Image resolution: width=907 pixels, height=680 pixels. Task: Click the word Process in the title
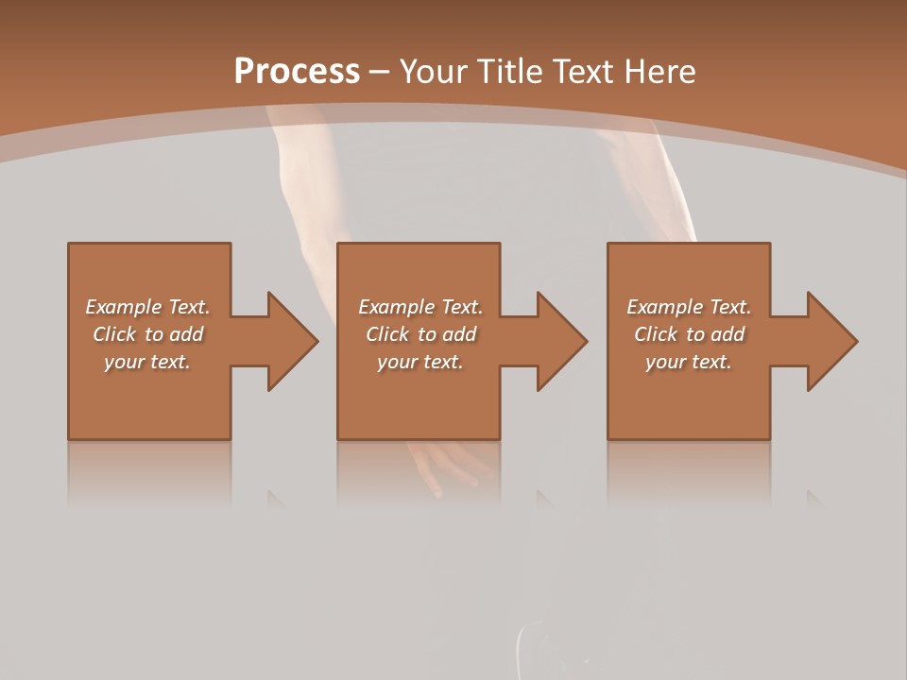pyautogui.click(x=297, y=72)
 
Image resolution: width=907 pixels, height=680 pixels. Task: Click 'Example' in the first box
pyautogui.click(x=124, y=307)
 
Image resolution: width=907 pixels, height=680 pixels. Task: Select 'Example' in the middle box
pyautogui.click(x=397, y=307)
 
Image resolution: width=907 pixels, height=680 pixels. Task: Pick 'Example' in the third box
pyautogui.click(x=665, y=307)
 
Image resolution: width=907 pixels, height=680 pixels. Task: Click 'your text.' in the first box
pyautogui.click(x=147, y=362)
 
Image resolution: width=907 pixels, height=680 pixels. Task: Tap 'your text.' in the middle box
pyautogui.click(x=419, y=362)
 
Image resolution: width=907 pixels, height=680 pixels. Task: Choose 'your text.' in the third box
pyautogui.click(x=688, y=362)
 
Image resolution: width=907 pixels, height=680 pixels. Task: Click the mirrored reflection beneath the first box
pyautogui.click(x=149, y=472)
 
